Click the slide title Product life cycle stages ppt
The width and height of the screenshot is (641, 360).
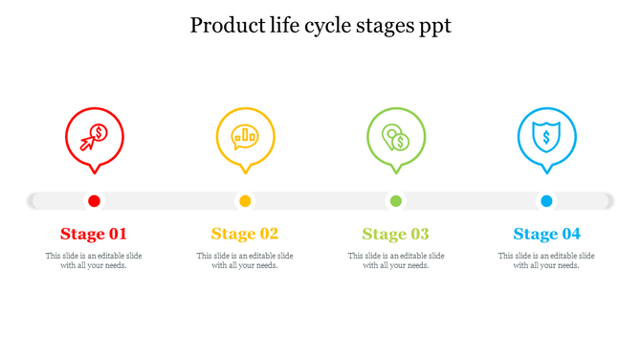tap(320, 25)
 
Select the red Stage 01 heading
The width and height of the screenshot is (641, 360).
tap(94, 234)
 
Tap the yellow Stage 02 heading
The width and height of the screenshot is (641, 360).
tap(245, 234)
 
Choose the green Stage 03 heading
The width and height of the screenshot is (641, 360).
tap(395, 234)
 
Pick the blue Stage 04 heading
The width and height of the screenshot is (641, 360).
tap(546, 234)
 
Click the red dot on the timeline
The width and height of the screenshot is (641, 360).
tap(94, 201)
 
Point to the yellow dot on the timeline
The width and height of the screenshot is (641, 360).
tap(245, 201)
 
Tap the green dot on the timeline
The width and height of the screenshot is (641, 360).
tap(395, 201)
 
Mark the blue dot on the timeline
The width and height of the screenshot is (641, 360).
tap(546, 201)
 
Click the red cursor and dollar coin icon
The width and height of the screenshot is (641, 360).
tap(94, 137)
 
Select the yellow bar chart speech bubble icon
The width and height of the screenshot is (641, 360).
tap(245, 136)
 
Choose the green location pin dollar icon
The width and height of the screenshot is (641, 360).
tap(395, 137)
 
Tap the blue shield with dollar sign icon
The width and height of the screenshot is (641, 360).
tap(546, 137)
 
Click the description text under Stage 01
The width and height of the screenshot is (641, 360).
tap(94, 260)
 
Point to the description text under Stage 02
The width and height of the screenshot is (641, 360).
tap(245, 260)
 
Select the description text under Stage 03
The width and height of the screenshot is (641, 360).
tap(395, 260)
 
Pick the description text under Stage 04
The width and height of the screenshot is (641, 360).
tap(546, 260)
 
